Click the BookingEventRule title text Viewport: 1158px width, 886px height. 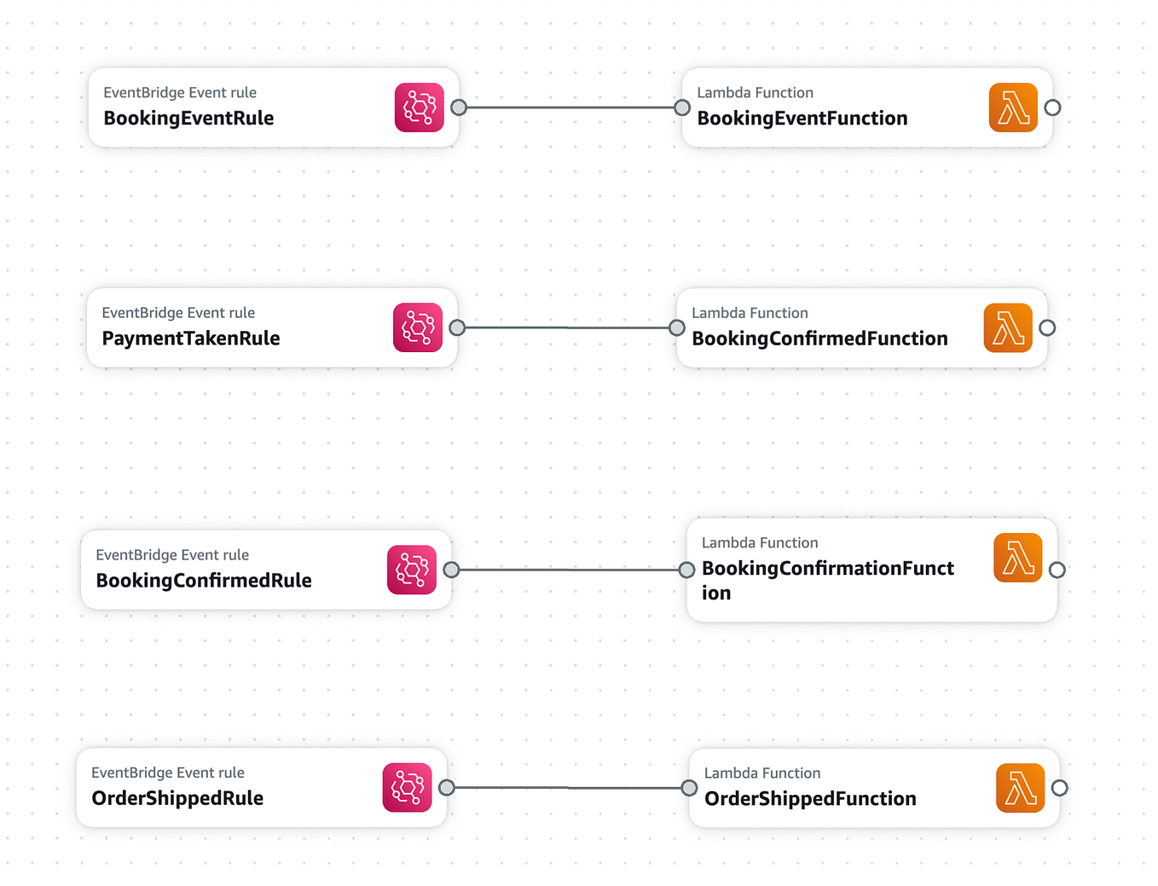coord(188,119)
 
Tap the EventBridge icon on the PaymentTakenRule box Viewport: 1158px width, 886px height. coord(418,327)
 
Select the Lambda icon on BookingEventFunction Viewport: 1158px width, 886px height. coord(1013,107)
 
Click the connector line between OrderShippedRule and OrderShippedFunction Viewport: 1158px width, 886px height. coord(568,788)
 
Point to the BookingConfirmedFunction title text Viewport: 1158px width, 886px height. coord(819,339)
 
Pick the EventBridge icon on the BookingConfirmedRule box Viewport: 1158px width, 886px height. coord(412,570)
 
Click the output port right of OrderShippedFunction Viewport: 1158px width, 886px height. coord(1059,788)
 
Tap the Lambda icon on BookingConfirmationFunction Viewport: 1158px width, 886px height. coord(1018,558)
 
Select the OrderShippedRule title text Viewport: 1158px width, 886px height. coord(177,798)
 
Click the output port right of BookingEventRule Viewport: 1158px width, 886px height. coord(459,107)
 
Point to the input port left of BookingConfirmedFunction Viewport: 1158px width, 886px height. coord(677,327)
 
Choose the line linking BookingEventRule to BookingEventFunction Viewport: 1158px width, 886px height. coord(570,107)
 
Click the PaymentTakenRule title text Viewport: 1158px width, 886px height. coord(191,339)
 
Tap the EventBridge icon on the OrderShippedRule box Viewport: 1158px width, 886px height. coord(408,788)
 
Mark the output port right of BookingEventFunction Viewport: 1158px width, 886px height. coord(1052,107)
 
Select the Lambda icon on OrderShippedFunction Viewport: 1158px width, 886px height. coord(1020,788)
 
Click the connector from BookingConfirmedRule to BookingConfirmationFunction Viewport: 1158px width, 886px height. coord(569,570)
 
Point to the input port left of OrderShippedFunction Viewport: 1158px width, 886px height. coord(689,788)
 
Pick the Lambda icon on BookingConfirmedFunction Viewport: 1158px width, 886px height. coord(1008,327)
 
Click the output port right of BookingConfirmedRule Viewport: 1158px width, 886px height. coord(452,570)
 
